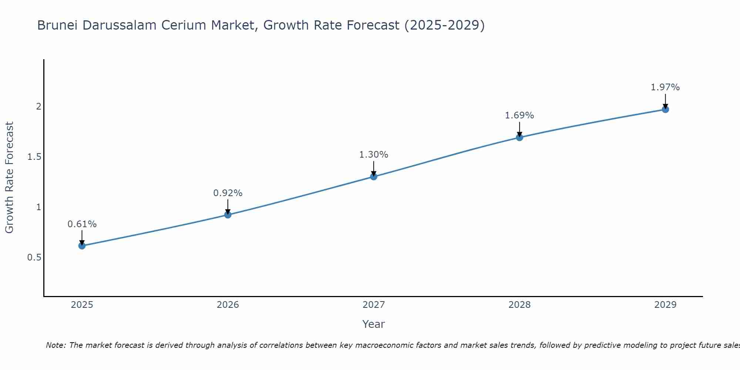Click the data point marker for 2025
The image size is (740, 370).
82,246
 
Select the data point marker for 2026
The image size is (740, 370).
228,215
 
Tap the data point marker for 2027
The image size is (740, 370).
374,176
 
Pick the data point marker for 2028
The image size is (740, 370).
519,137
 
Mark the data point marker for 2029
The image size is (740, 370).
665,109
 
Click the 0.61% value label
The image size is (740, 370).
82,224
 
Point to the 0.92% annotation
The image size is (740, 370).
228,193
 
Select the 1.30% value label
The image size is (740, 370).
374,155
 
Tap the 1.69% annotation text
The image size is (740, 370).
519,115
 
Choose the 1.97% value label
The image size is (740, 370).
665,87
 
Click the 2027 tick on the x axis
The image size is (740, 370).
374,305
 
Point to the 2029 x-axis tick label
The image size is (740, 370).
665,305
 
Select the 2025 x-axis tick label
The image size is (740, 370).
82,305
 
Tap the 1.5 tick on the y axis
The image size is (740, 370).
34,157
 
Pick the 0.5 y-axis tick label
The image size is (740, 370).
34,258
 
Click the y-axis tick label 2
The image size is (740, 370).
38,107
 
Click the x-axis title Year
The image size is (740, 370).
374,324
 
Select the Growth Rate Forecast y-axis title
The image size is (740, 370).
9,178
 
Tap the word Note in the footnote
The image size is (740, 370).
55,345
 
